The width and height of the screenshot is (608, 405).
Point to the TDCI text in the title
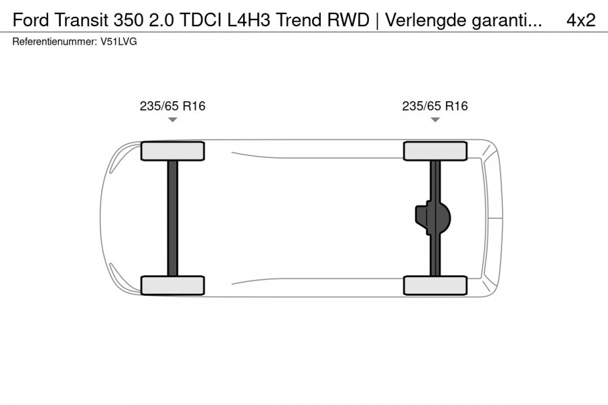coord(201,20)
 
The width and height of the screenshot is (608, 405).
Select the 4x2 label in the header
coord(581,20)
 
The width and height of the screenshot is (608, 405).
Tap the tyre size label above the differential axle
coord(435,106)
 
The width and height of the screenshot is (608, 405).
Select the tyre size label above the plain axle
coord(172,106)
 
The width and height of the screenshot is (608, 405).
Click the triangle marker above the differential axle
coord(435,120)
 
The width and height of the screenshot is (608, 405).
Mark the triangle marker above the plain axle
coord(172,120)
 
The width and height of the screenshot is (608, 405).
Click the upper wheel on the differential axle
coord(435,151)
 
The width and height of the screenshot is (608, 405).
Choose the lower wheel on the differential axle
coord(435,286)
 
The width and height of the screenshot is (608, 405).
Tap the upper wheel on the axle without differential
coord(172,151)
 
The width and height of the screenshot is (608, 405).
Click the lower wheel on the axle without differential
coord(172,286)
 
